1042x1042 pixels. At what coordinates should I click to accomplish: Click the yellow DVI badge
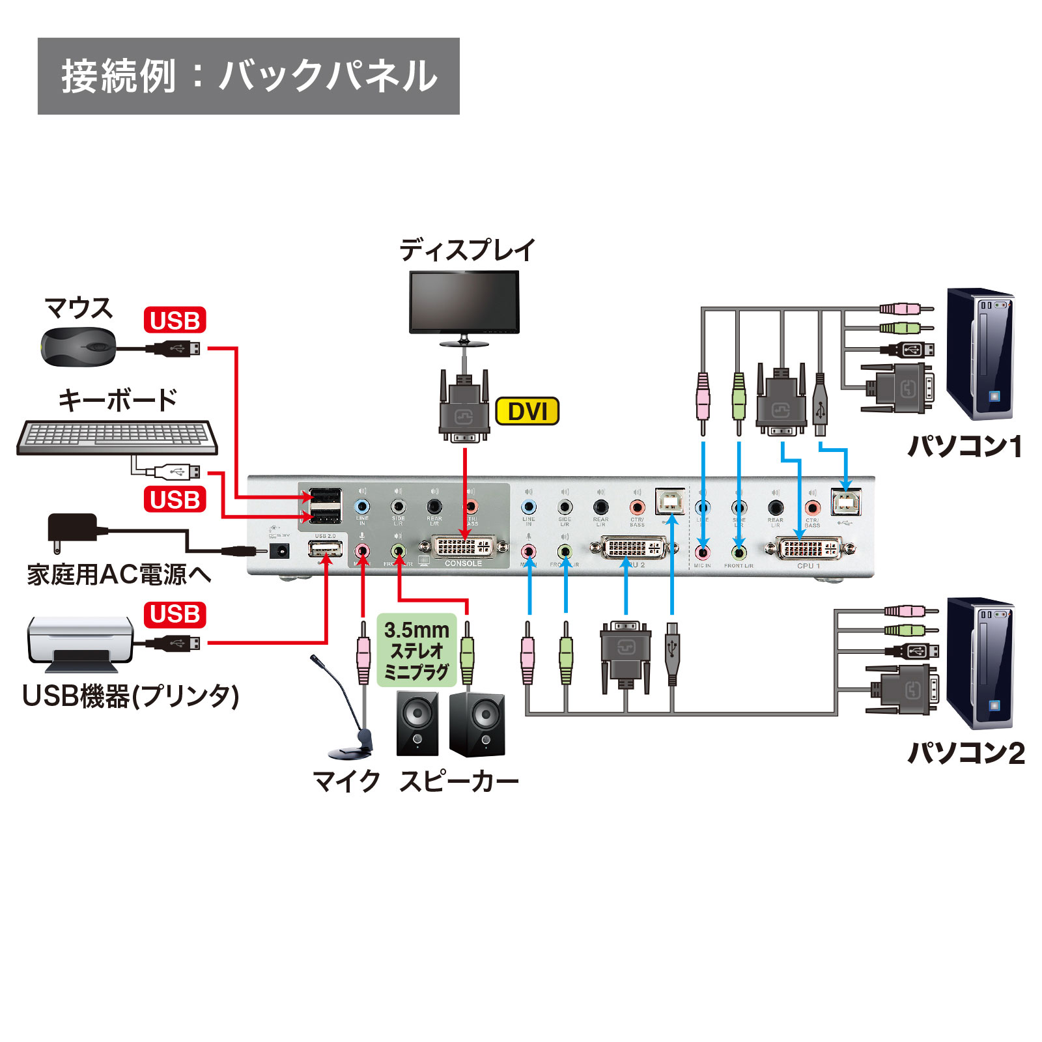[527, 412]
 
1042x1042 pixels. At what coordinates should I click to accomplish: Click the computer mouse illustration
[79, 346]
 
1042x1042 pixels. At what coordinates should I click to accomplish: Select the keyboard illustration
[117, 437]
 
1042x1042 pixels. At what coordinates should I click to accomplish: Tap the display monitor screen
[464, 302]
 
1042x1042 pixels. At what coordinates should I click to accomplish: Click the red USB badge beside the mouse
[175, 320]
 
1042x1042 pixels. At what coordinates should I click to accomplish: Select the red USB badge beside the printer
[175, 614]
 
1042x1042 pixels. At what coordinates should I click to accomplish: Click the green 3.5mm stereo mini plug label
[417, 651]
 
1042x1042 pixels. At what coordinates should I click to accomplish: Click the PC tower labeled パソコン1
[979, 354]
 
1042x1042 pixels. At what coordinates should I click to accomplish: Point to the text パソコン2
[966, 753]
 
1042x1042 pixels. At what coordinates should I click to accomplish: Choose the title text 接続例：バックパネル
[249, 76]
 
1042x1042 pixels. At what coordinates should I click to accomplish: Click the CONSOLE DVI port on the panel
[464, 546]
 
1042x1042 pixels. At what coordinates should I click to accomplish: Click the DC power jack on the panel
[280, 552]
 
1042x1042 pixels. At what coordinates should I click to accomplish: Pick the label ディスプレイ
[467, 250]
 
